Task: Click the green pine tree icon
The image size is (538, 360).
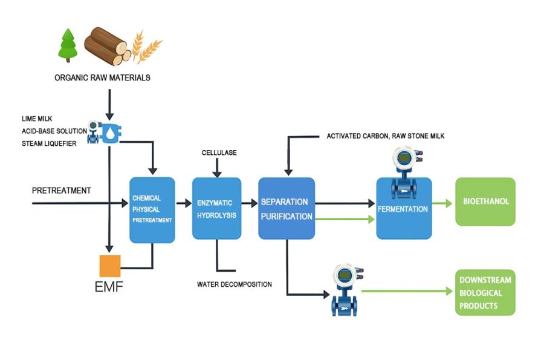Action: click(x=68, y=45)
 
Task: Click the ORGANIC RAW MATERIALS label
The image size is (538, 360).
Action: click(x=102, y=77)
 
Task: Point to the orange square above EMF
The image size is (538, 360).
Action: click(x=110, y=266)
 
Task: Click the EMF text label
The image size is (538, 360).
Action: click(x=109, y=287)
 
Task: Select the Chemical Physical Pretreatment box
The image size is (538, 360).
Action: click(x=152, y=209)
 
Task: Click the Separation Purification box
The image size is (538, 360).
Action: click(x=287, y=208)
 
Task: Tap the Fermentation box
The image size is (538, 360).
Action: click(x=403, y=209)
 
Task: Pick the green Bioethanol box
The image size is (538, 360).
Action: click(x=485, y=201)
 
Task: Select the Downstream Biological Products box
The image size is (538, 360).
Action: click(x=485, y=293)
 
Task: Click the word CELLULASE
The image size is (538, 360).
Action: click(x=219, y=153)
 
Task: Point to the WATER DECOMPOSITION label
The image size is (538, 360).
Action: click(x=235, y=284)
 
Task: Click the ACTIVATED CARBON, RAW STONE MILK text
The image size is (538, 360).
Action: click(x=386, y=136)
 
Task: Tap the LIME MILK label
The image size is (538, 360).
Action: click(x=37, y=119)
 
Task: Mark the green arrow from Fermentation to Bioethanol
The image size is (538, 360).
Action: click(x=442, y=204)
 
